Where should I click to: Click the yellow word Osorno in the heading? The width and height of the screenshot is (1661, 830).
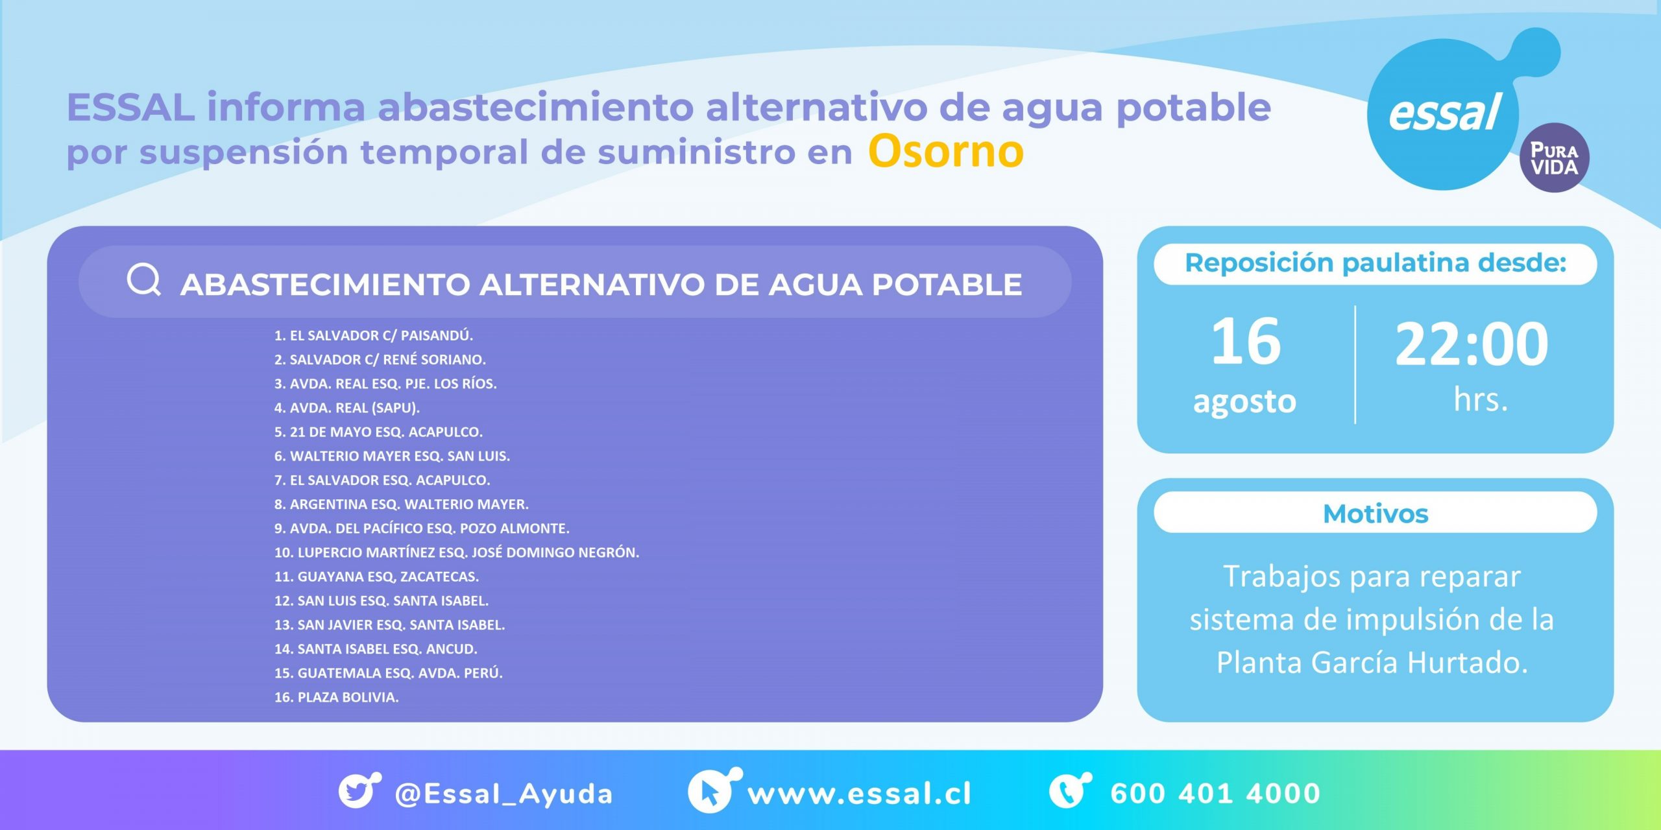[946, 152]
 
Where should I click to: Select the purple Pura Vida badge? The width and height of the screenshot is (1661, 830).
[1554, 158]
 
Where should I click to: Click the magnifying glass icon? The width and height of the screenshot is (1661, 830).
[143, 280]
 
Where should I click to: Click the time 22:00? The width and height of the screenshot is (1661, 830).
[1472, 344]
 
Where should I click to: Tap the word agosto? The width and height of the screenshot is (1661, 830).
[1244, 401]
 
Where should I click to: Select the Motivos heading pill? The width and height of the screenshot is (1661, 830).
[1376, 513]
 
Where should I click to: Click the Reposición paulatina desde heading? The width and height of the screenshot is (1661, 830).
[1376, 263]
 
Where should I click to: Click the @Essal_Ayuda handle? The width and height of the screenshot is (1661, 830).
[503, 794]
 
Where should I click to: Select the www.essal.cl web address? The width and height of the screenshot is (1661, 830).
[859, 794]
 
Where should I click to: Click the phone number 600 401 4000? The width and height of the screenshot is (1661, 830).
[1215, 794]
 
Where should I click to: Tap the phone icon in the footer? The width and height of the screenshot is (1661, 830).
[1069, 790]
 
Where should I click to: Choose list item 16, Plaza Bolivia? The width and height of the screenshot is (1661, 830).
[336, 697]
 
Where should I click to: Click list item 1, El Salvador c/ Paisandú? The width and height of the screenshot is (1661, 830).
[374, 335]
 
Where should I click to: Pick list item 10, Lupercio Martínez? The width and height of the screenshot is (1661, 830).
[457, 552]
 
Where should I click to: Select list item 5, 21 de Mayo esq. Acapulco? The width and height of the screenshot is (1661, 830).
[378, 432]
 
